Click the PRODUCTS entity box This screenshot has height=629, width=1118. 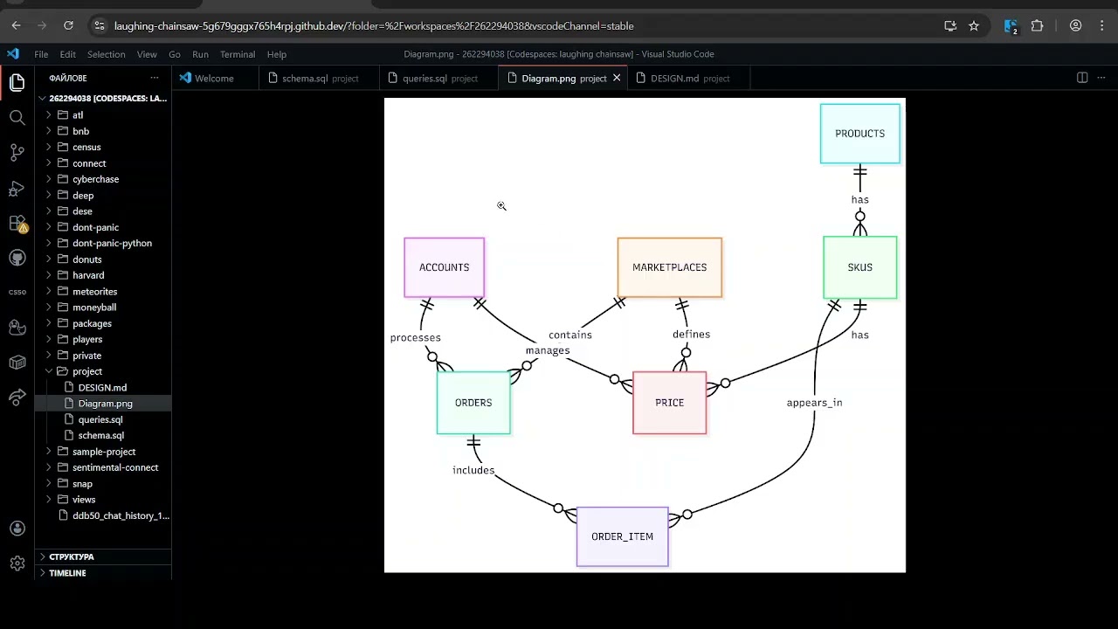tap(859, 134)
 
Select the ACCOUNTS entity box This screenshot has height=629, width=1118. tap(444, 267)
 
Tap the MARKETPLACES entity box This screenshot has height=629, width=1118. tap(669, 267)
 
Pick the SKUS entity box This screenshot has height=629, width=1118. tap(859, 267)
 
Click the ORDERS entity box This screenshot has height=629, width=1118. tap(473, 403)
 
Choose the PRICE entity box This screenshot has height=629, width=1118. tap(669, 403)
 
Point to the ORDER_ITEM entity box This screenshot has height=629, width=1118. tap(622, 536)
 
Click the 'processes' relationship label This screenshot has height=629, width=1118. tap(415, 338)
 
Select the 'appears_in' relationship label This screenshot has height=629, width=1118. tap(814, 403)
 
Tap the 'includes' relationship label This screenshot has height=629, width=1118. tap(473, 471)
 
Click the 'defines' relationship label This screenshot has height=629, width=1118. tap(691, 335)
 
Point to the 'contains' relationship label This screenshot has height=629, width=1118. tap(570, 335)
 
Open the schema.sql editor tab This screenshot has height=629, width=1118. tap(305, 79)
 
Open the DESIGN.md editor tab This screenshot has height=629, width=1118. tap(674, 79)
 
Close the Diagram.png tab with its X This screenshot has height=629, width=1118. tap(617, 78)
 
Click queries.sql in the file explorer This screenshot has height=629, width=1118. tap(100, 419)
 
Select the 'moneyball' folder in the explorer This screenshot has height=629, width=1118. tap(94, 308)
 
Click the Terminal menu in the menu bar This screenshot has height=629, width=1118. tap(238, 54)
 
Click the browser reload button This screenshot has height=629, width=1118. tap(68, 26)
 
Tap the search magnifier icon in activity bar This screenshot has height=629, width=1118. tap(17, 118)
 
